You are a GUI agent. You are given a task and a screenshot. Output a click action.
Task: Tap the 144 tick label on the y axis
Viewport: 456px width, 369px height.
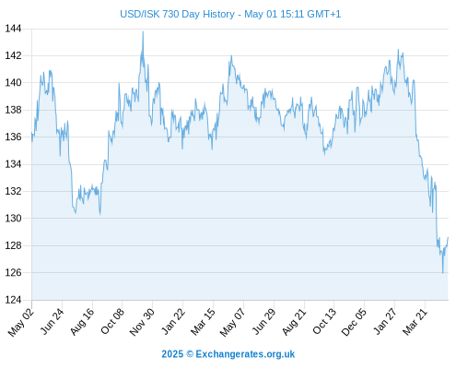[13, 29]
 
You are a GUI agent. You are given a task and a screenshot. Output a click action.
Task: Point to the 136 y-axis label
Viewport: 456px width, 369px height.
[13, 137]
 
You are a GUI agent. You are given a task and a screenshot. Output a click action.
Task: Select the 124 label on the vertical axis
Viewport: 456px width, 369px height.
[13, 300]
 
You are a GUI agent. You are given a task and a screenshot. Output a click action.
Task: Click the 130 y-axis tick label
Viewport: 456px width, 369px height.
[13, 219]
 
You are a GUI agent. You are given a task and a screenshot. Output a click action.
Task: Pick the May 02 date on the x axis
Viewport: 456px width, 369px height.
[21, 322]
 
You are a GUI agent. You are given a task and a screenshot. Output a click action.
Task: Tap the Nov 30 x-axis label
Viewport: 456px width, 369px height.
[142, 322]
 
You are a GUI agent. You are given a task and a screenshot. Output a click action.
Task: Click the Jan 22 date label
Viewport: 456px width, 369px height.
[173, 322]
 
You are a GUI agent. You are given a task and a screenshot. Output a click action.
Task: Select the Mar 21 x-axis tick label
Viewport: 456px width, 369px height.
[415, 322]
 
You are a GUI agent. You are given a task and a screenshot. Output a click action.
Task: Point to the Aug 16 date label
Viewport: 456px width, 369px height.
[82, 322]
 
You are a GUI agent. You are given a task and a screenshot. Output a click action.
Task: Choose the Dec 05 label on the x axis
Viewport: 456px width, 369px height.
[354, 322]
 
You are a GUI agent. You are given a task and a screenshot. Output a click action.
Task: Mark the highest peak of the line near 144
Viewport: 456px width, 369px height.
[143, 31]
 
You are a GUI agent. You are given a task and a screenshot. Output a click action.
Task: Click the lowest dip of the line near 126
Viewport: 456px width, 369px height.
[442, 273]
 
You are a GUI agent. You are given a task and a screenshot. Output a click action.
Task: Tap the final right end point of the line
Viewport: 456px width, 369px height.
[448, 237]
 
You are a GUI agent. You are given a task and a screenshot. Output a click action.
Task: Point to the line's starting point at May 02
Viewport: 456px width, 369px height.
[31, 133]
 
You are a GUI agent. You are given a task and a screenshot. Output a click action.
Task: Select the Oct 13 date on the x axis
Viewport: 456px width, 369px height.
[324, 322]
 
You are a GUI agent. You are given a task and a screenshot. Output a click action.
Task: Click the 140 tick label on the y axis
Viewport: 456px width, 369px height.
[13, 83]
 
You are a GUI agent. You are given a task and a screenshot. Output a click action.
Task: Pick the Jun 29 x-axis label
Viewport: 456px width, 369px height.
[263, 322]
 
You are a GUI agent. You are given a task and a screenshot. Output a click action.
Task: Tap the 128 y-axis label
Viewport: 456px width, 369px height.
[13, 245]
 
